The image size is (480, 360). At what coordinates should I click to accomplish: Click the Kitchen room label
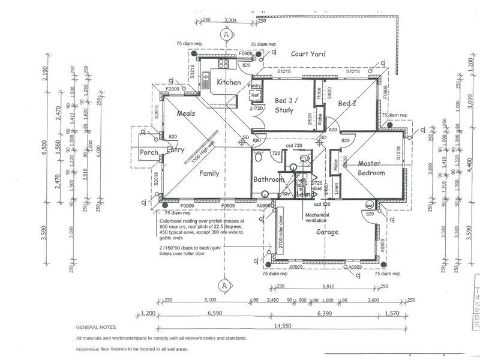pos(229,82)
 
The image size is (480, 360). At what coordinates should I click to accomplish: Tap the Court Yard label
pos(308,54)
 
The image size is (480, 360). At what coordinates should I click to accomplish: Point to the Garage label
pos(327,231)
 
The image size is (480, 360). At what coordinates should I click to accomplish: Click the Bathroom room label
pos(268,179)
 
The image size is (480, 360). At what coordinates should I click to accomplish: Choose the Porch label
pos(148,152)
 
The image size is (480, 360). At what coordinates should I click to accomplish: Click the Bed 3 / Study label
pos(286,105)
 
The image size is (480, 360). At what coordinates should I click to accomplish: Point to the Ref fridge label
pos(254,95)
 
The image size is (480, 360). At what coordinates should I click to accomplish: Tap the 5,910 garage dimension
pos(328,286)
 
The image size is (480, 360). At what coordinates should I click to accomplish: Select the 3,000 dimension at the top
pos(229,20)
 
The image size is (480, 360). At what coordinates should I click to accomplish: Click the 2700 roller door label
pos(280,233)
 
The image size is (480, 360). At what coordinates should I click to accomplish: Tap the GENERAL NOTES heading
pos(99,328)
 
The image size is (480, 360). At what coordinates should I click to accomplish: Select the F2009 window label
pos(174,88)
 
